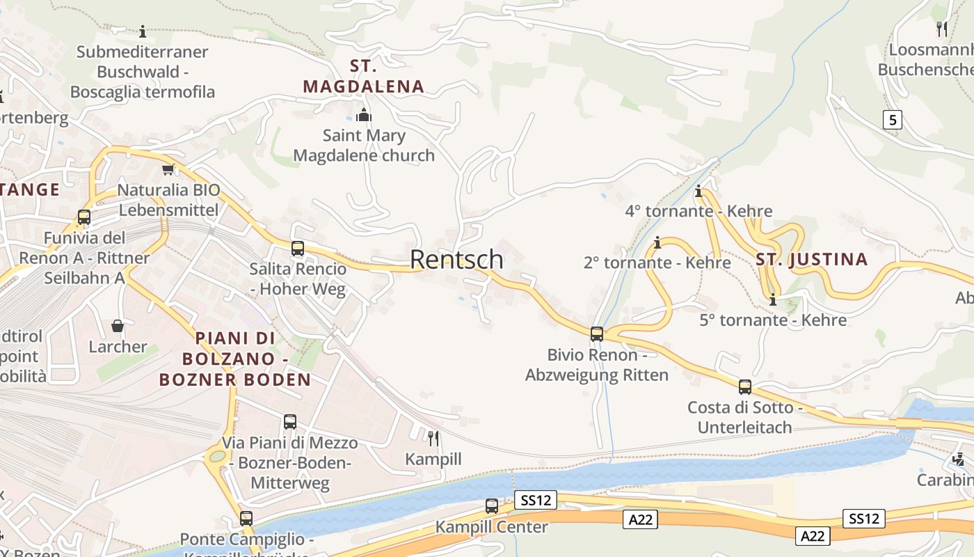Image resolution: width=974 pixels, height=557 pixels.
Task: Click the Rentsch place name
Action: [456, 259]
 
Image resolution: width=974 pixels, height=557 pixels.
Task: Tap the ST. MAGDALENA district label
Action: [363, 77]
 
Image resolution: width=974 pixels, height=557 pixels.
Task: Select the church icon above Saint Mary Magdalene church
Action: [363, 115]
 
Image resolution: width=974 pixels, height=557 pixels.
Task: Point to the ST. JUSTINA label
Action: [812, 260]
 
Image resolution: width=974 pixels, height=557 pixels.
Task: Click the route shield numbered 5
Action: [892, 120]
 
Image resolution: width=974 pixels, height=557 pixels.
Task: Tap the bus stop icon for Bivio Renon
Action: [597, 334]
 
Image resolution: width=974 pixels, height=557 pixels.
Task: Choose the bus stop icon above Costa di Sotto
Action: [745, 386]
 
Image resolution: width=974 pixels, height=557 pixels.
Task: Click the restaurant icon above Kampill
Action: [433, 438]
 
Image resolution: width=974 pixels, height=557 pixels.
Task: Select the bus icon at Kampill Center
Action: [492, 506]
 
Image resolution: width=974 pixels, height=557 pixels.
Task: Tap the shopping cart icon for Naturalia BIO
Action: [168, 169]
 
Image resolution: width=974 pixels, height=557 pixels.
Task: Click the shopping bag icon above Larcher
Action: [118, 326]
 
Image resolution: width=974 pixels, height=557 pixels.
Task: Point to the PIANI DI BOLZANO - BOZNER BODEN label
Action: [235, 359]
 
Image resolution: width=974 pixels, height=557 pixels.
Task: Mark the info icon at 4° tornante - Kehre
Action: [698, 191]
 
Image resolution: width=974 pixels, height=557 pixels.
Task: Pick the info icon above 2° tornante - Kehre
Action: [657, 242]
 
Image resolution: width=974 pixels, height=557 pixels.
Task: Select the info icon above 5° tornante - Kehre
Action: [773, 300]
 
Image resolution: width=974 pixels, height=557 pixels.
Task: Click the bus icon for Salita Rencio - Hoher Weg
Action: [298, 249]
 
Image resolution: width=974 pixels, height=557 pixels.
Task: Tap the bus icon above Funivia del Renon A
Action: [84, 217]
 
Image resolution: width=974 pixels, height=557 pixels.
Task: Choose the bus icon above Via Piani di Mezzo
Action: [290, 422]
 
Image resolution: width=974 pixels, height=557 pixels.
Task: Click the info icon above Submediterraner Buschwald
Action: [143, 31]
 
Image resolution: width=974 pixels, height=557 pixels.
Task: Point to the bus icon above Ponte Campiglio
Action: [246, 519]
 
